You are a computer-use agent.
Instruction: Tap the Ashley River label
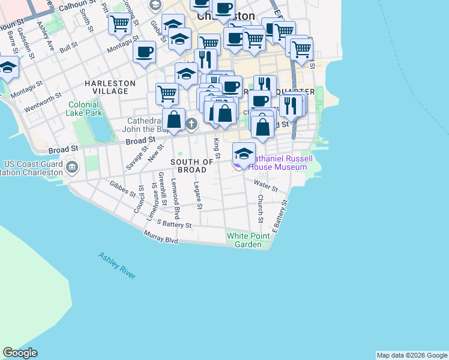click(x=117, y=265)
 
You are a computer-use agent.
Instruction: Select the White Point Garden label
click(x=248, y=240)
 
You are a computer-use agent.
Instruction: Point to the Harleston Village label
click(x=106, y=86)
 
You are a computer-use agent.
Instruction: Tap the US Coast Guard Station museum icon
click(x=73, y=167)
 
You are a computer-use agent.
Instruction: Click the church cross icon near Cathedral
click(x=191, y=124)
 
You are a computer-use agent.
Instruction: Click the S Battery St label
click(x=173, y=224)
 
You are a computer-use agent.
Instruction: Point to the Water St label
click(x=265, y=185)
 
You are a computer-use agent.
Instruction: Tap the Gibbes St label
click(x=123, y=188)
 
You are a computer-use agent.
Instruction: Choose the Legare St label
click(x=197, y=196)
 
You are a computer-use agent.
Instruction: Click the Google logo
click(x=20, y=353)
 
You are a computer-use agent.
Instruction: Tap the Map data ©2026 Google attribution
click(x=412, y=355)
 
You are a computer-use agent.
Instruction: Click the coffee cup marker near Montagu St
click(x=144, y=52)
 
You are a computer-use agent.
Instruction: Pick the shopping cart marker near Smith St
click(x=119, y=23)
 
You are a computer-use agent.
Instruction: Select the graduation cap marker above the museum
click(x=244, y=152)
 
